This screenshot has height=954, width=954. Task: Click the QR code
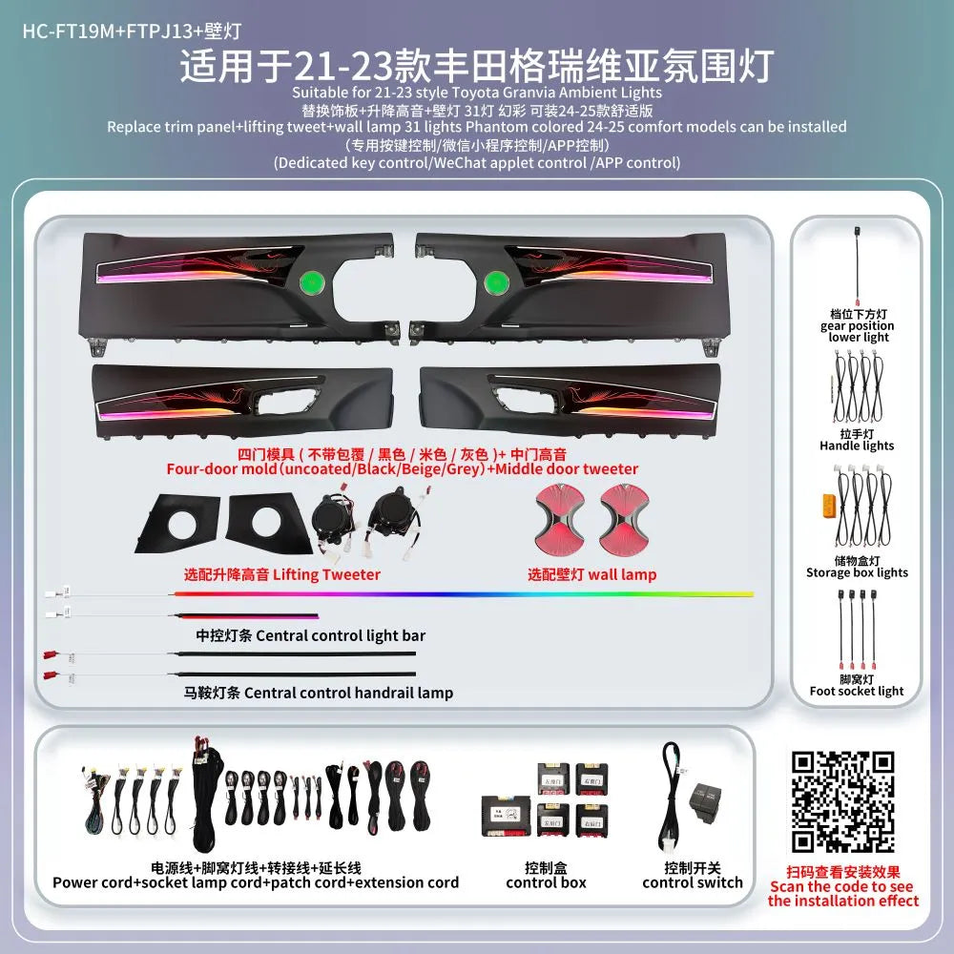pos(843,801)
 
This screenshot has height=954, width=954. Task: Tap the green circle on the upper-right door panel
pos(496,281)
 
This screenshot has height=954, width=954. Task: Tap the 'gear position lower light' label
pos(857,325)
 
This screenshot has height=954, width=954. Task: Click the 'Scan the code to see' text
pos(842,886)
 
